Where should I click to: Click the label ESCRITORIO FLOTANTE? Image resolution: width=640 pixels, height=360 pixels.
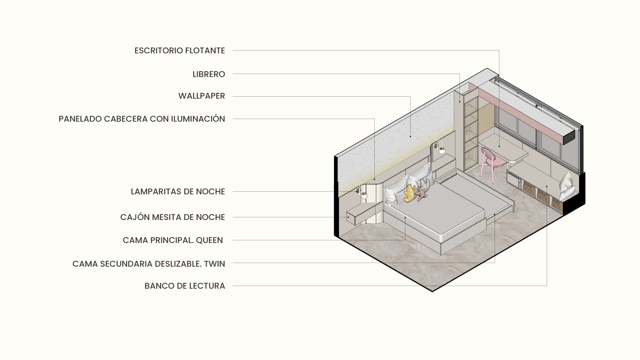180,51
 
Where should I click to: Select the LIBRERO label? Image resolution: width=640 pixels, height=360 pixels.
209,74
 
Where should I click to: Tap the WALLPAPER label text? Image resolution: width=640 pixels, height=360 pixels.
202,96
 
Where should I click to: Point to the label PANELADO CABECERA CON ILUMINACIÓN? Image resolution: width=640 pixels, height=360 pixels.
142,119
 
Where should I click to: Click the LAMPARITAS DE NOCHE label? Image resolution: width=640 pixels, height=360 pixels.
178,192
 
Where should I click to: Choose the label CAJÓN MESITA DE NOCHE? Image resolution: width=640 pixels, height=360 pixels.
172,217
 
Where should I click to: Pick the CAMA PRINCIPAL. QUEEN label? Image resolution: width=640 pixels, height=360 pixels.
173,240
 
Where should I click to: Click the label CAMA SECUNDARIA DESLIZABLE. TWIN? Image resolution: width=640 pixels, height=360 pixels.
149,264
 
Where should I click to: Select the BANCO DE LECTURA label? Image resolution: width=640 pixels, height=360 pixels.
185,286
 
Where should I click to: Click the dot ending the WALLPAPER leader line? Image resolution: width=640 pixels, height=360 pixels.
410,136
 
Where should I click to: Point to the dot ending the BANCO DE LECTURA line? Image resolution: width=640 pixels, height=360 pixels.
547,186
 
